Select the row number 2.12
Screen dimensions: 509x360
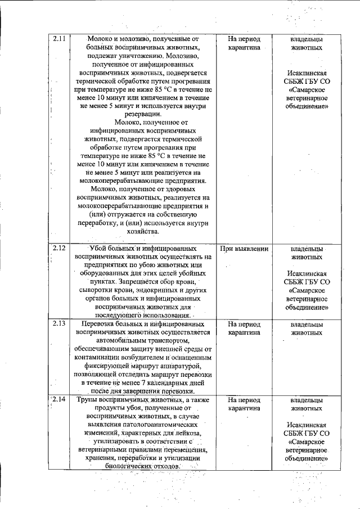pyautogui.click(x=59, y=247)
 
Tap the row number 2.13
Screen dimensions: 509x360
pyautogui.click(x=59, y=324)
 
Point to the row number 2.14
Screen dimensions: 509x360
pyautogui.click(x=59, y=400)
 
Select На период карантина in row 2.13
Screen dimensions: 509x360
pyautogui.click(x=244, y=328)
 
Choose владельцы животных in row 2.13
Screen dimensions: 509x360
pyautogui.click(x=306, y=328)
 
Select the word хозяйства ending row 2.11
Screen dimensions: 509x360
pyautogui.click(x=143, y=231)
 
